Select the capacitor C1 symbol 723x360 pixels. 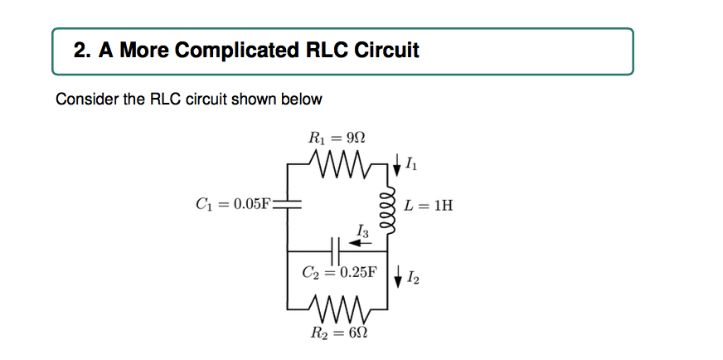(x=287, y=202)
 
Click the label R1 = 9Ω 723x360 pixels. (x=337, y=137)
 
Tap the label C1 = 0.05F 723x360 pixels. (x=229, y=203)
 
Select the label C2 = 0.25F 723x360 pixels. (x=339, y=271)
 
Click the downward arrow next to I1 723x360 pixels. (x=399, y=164)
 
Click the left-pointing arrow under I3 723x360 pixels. (x=359, y=242)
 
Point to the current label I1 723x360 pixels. (x=412, y=166)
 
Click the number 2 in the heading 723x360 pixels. (x=80, y=51)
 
